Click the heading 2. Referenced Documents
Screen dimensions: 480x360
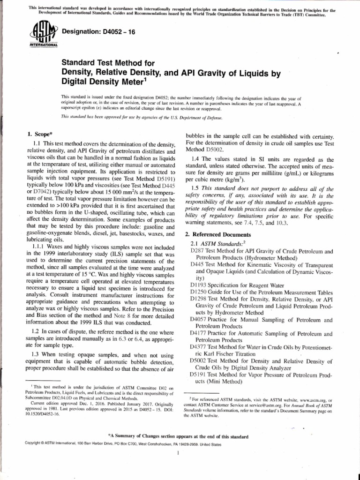(218, 234)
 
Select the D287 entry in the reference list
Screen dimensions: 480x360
(197, 251)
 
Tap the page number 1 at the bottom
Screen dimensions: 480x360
(180, 454)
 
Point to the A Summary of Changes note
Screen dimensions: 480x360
(178, 436)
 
